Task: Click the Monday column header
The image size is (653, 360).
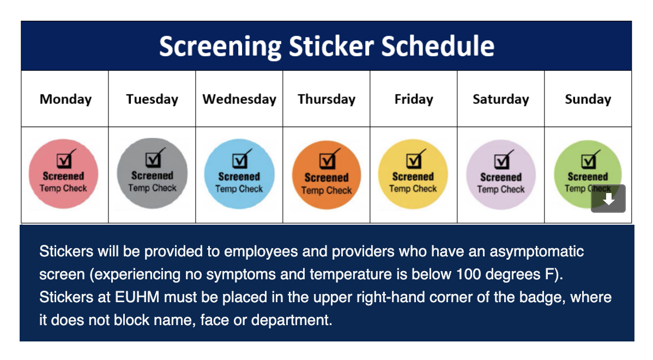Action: pyautogui.click(x=65, y=99)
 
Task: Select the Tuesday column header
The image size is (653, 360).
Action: pyautogui.click(x=152, y=99)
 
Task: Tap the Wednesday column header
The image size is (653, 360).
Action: pyautogui.click(x=239, y=99)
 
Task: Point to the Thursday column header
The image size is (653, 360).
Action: pyautogui.click(x=326, y=99)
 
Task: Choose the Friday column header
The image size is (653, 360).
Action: pyautogui.click(x=414, y=99)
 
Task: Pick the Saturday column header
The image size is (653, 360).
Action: pyautogui.click(x=500, y=99)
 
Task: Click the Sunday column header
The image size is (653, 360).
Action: pyautogui.click(x=588, y=99)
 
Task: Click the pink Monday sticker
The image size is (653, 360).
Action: pyautogui.click(x=63, y=174)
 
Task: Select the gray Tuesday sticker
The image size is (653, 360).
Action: pyautogui.click(x=152, y=173)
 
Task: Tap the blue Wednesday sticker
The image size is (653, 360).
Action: pyautogui.click(x=239, y=174)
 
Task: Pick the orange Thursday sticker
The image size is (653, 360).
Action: pyautogui.click(x=326, y=175)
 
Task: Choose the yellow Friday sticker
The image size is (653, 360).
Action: pyautogui.click(x=413, y=174)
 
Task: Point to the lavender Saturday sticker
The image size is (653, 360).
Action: pyautogui.click(x=500, y=175)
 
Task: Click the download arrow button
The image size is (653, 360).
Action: pyautogui.click(x=608, y=199)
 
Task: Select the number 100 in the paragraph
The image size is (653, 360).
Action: pyautogui.click(x=469, y=274)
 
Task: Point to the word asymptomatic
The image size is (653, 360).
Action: pyautogui.click(x=536, y=251)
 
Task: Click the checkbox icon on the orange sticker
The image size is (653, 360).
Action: pyautogui.click(x=328, y=159)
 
